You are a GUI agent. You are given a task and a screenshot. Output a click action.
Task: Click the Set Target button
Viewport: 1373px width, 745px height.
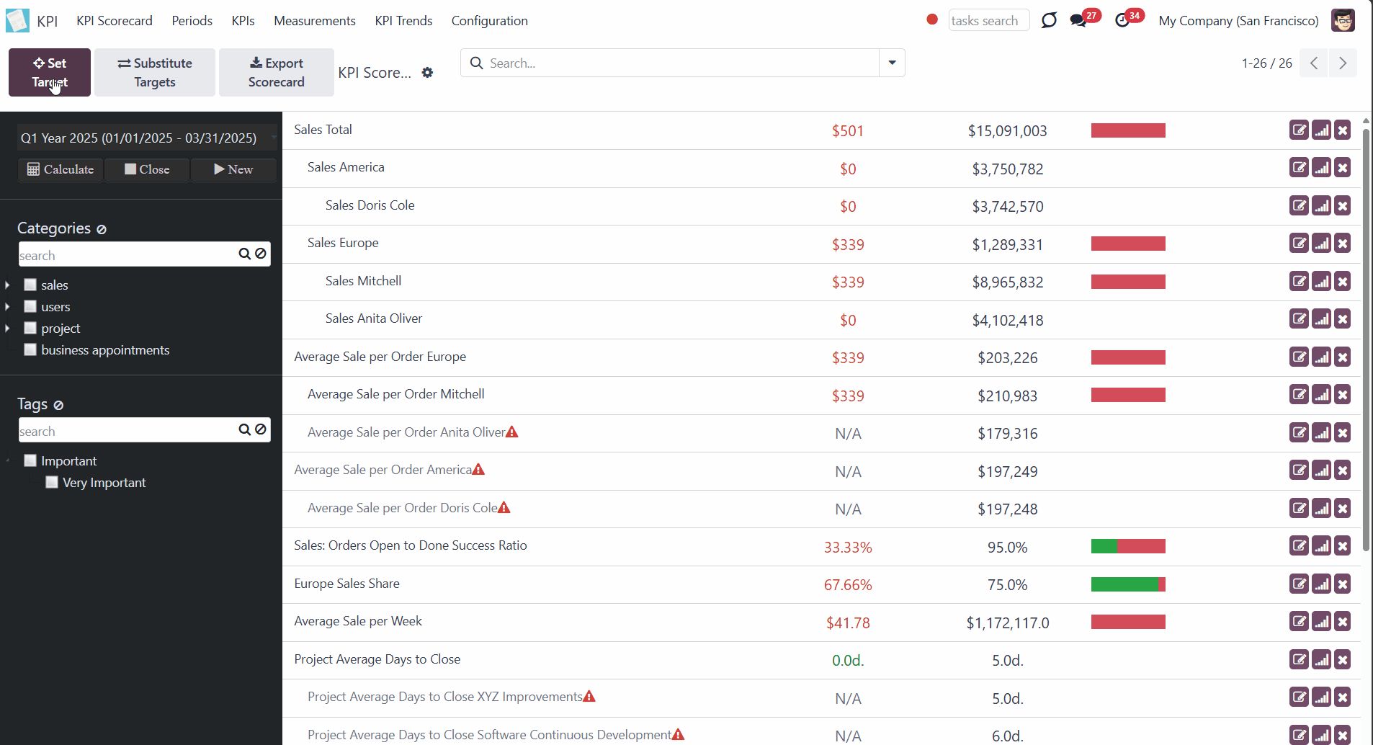pyautogui.click(x=50, y=72)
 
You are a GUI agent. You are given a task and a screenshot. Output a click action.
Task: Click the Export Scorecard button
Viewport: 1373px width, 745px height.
pyautogui.click(x=277, y=72)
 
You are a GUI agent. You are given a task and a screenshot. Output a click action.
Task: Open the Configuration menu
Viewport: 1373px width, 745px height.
pyautogui.click(x=490, y=21)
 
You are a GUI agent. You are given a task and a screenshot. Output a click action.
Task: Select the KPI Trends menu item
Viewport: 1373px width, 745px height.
pyautogui.click(x=403, y=21)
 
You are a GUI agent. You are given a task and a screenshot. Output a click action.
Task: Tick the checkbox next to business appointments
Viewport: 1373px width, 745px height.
pyautogui.click(x=30, y=349)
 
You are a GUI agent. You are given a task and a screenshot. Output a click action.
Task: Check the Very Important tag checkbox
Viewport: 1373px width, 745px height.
pyautogui.click(x=52, y=482)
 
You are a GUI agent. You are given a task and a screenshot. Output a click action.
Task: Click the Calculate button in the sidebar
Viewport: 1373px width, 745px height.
pyautogui.click(x=61, y=169)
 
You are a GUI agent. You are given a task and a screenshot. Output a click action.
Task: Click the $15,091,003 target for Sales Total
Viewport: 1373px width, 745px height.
pyautogui.click(x=1007, y=131)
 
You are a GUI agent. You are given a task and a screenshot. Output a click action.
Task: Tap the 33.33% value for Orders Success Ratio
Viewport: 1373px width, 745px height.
pyautogui.click(x=848, y=548)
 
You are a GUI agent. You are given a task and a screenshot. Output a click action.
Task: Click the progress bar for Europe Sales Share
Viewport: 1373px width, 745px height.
pyautogui.click(x=1128, y=584)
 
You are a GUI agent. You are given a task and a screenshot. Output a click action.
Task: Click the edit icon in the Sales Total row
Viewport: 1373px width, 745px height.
pyautogui.click(x=1299, y=130)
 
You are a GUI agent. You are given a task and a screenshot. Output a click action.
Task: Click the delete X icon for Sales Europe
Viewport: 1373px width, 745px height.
pyautogui.click(x=1343, y=244)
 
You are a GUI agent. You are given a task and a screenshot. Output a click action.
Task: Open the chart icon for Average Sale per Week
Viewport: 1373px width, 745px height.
pyautogui.click(x=1321, y=622)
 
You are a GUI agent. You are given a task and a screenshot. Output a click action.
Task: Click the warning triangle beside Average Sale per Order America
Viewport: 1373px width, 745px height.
pyautogui.click(x=478, y=470)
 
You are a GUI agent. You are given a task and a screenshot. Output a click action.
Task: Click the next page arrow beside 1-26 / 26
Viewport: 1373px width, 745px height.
pyautogui.click(x=1343, y=63)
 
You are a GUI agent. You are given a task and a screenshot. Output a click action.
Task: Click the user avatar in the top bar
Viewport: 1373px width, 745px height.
pyautogui.click(x=1343, y=21)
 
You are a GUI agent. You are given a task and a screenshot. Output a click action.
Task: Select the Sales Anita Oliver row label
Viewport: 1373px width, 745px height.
pyautogui.click(x=374, y=318)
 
